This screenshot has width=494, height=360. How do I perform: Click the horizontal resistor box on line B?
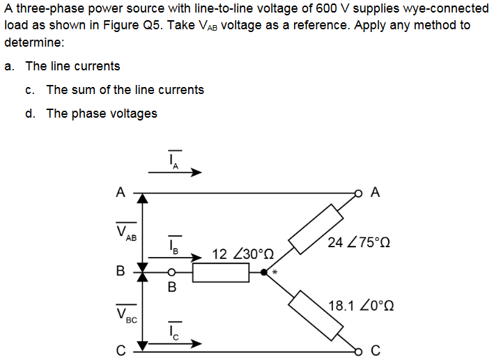coord(221,273)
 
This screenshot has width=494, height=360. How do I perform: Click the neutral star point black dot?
coord(264,273)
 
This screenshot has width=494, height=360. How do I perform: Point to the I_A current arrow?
coord(175,173)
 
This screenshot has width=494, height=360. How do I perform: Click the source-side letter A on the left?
coord(121,192)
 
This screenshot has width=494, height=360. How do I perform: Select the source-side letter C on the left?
coord(121,349)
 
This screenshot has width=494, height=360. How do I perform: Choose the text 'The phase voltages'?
coord(102,114)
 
